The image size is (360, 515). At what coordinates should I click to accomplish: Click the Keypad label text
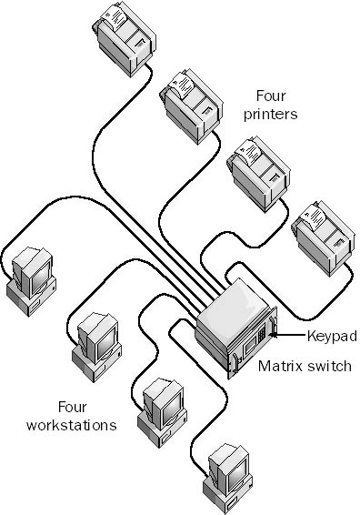coord(332,336)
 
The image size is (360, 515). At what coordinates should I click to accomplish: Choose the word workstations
coord(72,424)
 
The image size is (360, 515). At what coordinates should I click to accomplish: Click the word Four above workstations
coord(74,406)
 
